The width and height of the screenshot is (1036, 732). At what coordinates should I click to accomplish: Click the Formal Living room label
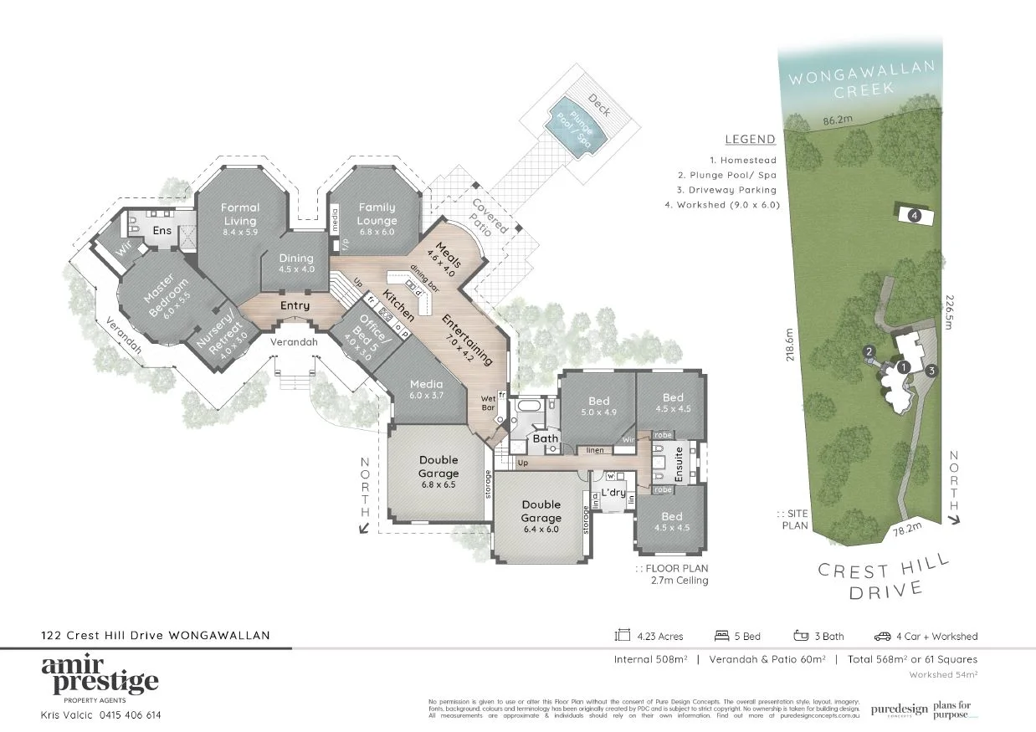[x=240, y=214]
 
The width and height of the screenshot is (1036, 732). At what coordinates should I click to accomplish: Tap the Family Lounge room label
[x=377, y=214]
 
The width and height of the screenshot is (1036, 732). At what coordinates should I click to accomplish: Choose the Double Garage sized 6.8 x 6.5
[x=438, y=473]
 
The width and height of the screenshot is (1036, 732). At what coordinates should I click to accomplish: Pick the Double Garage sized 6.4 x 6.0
[x=541, y=516]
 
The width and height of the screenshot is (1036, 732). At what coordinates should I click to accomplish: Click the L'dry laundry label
[x=613, y=492]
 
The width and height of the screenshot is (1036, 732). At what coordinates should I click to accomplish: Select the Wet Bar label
[x=489, y=403]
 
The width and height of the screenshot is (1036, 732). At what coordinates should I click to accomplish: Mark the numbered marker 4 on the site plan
[x=915, y=215]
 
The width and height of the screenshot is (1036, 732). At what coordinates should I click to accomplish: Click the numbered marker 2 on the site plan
[x=869, y=351]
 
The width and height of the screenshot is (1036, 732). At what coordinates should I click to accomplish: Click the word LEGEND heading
[x=750, y=139]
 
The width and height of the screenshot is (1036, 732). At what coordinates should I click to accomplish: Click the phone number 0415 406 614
[x=130, y=715]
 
